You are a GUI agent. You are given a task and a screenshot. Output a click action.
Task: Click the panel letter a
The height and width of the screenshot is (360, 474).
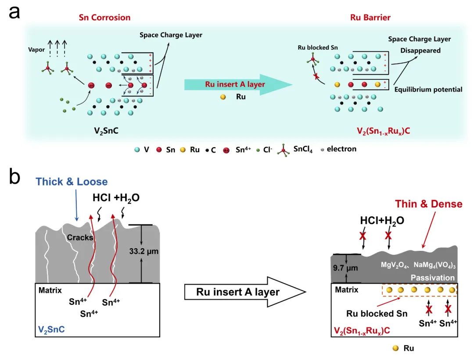coord(14,12)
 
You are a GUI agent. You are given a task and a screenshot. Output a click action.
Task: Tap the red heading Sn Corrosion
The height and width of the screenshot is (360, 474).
coord(104,18)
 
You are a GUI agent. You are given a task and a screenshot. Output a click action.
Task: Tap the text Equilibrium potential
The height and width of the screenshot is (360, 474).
coord(428,89)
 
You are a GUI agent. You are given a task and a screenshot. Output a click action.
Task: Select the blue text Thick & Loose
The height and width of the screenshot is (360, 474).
coord(72,182)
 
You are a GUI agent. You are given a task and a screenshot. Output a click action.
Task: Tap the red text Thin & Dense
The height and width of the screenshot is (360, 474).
coord(428,204)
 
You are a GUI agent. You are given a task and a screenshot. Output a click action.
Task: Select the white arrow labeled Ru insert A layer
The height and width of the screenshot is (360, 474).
coord(244,291)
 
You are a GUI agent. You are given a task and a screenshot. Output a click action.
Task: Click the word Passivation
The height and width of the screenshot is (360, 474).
coord(432,278)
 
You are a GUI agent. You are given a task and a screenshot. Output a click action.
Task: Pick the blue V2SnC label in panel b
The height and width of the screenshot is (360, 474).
coord(52,329)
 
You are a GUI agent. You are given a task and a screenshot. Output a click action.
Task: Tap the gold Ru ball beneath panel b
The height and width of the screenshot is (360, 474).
coord(396,348)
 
